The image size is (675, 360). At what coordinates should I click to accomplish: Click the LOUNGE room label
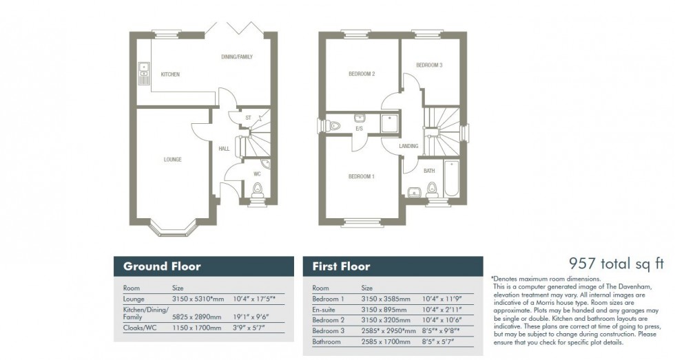pyautogui.click(x=173, y=160)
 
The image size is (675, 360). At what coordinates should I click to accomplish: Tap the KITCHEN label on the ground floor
pyautogui.click(x=170, y=74)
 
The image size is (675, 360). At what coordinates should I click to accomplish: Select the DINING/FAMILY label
pyautogui.click(x=236, y=56)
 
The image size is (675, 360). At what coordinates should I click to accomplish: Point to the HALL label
pyautogui.click(x=224, y=148)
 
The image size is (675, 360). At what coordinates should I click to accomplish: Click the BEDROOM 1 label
pyautogui.click(x=361, y=177)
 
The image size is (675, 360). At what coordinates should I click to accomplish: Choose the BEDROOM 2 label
pyautogui.click(x=361, y=74)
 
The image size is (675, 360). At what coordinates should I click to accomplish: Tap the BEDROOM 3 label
pyautogui.click(x=428, y=65)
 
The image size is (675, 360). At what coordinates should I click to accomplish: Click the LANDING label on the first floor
pyautogui.click(x=408, y=146)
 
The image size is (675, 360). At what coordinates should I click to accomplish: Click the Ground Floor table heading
pyautogui.click(x=162, y=266)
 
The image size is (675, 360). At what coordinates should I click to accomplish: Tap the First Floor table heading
pyautogui.click(x=341, y=266)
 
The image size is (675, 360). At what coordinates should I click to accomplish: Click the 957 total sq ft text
pyautogui.click(x=615, y=262)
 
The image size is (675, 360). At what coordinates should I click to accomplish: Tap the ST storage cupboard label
pyautogui.click(x=248, y=118)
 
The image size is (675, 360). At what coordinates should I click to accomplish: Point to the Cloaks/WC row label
pyautogui.click(x=138, y=330)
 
